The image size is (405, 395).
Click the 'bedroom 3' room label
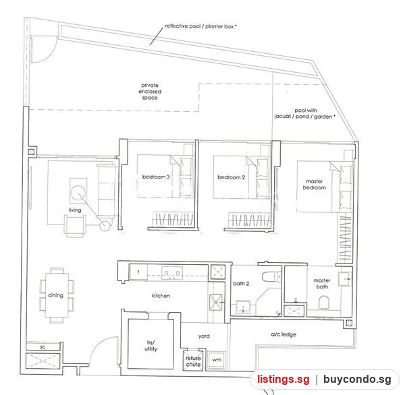(156, 177)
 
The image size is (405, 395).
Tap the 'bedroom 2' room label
(231, 177)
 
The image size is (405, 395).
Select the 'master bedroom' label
(315, 185)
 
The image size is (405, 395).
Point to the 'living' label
(75, 210)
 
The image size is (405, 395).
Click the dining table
(57, 295)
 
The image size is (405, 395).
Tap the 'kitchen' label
(161, 296)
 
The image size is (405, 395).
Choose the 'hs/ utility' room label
(151, 346)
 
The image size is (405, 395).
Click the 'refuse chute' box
(193, 361)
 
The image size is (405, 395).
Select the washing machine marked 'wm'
(217, 360)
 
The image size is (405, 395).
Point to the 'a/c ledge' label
(283, 334)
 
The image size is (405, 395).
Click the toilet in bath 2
(271, 277)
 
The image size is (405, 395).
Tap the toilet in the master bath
(324, 303)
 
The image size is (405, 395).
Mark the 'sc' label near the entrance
(43, 347)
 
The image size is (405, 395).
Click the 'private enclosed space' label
(150, 91)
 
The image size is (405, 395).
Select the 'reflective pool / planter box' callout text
(200, 26)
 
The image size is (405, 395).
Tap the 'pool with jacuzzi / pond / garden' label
(305, 113)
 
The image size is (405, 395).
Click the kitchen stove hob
(172, 273)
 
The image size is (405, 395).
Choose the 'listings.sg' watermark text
(283, 379)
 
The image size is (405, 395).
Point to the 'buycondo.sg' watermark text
(357, 379)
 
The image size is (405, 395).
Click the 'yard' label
(204, 336)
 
